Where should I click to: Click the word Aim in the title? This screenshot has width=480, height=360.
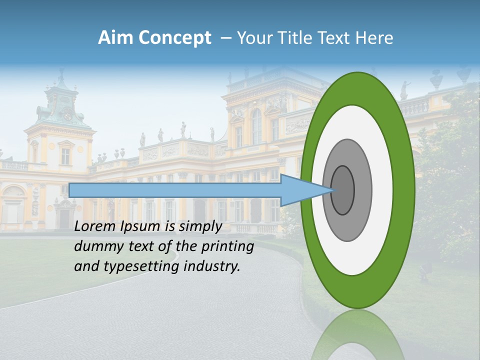[x=114, y=38]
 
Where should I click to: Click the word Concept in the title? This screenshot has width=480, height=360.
[x=174, y=38]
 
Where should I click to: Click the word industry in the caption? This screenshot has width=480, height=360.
[x=211, y=266]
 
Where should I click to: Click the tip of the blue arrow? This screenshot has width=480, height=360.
[x=333, y=190]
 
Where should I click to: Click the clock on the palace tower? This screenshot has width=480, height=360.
[x=67, y=116]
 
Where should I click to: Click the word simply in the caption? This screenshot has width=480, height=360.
[x=200, y=226]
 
